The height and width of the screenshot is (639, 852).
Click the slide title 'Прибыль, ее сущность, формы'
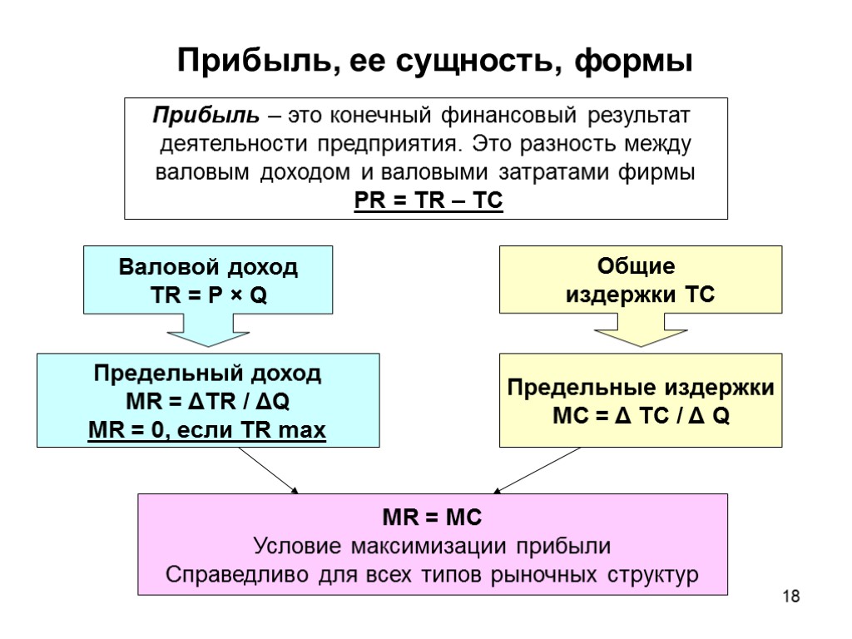click(x=434, y=61)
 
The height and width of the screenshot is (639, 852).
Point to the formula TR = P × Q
click(x=208, y=296)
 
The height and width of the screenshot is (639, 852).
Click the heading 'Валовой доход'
click(x=208, y=268)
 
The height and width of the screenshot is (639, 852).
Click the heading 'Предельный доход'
click(x=207, y=374)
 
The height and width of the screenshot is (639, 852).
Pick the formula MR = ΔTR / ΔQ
click(x=207, y=403)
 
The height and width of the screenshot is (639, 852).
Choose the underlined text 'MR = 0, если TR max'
click(x=207, y=431)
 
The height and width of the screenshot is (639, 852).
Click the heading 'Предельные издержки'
click(x=640, y=389)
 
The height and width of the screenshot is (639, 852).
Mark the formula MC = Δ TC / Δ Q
click(x=640, y=417)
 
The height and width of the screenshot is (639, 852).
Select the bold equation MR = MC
click(x=432, y=518)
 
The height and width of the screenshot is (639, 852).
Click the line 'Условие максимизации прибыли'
click(x=432, y=547)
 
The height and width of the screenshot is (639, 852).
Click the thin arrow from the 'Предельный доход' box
click(x=268, y=470)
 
